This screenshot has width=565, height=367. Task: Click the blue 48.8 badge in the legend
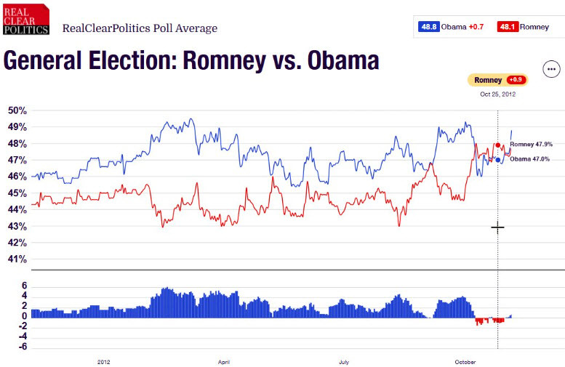coord(428,28)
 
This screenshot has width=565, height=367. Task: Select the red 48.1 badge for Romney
coord(507,28)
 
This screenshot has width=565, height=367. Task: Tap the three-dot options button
coord(552,70)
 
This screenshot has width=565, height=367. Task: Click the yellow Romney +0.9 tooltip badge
coord(498,79)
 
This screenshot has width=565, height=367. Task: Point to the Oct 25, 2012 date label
coord(497,94)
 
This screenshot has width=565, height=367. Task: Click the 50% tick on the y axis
coord(17,110)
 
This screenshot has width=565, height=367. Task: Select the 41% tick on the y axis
coord(17,259)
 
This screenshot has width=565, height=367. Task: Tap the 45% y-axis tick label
coord(17,193)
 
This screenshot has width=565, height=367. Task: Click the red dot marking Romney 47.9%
coord(498,145)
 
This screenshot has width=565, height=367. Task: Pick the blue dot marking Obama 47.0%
coord(498,160)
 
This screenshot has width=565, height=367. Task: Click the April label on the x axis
coord(224,360)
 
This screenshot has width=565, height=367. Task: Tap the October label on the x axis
coord(465,360)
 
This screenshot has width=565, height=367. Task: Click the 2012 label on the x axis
coord(104,360)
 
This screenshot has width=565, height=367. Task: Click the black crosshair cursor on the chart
coord(497,227)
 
